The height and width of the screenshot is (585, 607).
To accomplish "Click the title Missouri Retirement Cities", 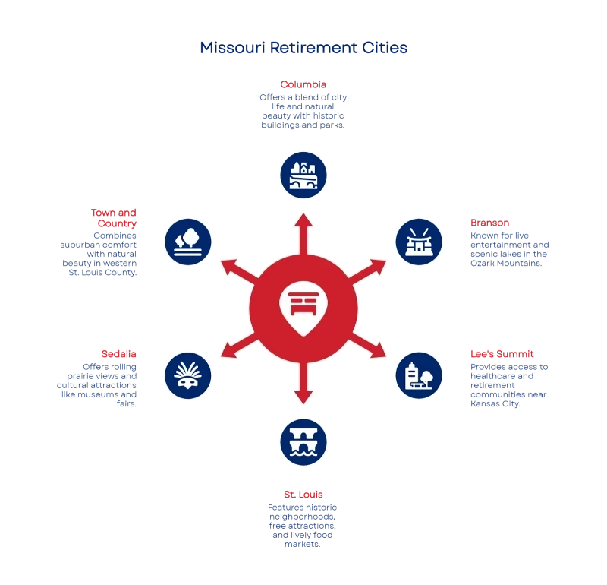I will point(305,48).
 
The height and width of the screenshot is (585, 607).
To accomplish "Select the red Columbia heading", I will point(303,84).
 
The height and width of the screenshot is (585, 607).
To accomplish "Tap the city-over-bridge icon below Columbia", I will point(303,174).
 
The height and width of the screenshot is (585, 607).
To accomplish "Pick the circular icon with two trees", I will point(188,242).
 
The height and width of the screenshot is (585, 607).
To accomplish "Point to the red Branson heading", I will point(488,223).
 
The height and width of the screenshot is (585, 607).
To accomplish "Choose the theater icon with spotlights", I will point(419,242).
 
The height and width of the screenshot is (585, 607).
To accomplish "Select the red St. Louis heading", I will point(303,494).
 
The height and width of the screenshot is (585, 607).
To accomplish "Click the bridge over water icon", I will point(303,441).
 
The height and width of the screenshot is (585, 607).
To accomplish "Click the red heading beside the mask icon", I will point(121,354).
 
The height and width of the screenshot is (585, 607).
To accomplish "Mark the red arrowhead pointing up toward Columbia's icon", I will point(303,221).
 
